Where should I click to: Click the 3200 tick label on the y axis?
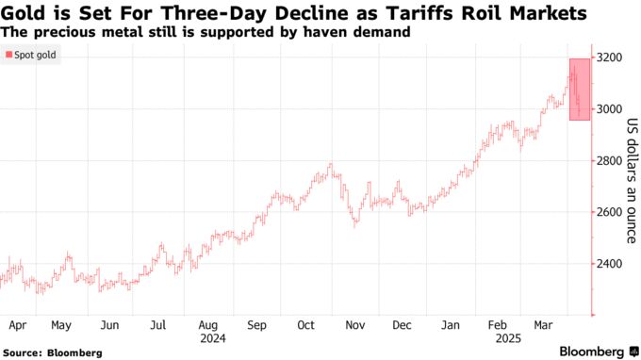(610, 57)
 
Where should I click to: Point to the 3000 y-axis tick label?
(610, 109)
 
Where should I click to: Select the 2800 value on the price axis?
(610, 161)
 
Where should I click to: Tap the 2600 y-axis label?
(610, 212)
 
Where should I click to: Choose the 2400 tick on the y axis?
(610, 264)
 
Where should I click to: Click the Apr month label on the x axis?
(16, 325)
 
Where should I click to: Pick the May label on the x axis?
(61, 325)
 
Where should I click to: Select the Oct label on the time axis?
(305, 325)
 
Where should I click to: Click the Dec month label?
(403, 325)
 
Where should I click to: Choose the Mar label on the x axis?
(544, 325)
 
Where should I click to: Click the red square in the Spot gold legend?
(9, 57)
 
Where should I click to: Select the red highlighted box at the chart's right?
(580, 89)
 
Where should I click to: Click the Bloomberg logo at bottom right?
(592, 352)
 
